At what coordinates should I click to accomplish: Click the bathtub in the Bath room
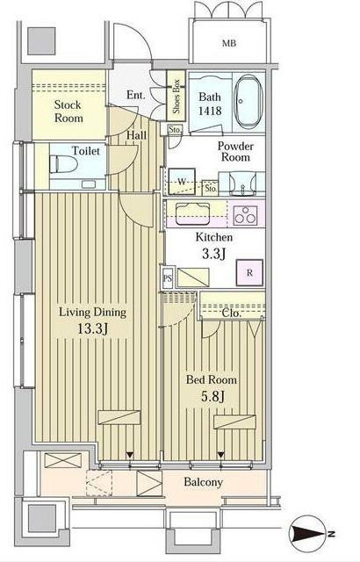tap(248, 101)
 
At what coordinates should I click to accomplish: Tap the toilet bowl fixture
tap(63, 164)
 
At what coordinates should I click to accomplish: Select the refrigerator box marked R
tap(249, 273)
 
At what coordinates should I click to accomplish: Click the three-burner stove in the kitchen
tap(245, 215)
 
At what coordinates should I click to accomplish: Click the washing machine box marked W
tap(182, 182)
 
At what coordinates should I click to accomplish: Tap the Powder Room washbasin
tap(242, 183)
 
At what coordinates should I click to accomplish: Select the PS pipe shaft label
tap(168, 277)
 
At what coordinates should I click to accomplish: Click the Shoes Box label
tap(176, 96)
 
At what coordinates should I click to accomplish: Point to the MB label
tap(229, 43)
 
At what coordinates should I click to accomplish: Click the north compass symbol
tap(309, 534)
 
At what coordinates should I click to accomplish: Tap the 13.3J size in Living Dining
tap(93, 328)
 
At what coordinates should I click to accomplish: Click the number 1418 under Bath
tap(210, 111)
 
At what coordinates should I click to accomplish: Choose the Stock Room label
tap(68, 112)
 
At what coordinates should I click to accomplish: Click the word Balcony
tap(203, 482)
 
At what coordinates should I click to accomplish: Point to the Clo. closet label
tap(231, 313)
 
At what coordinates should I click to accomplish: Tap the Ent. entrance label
tap(136, 95)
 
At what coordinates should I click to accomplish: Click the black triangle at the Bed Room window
tap(221, 455)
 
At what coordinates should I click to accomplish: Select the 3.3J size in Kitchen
tap(213, 254)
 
